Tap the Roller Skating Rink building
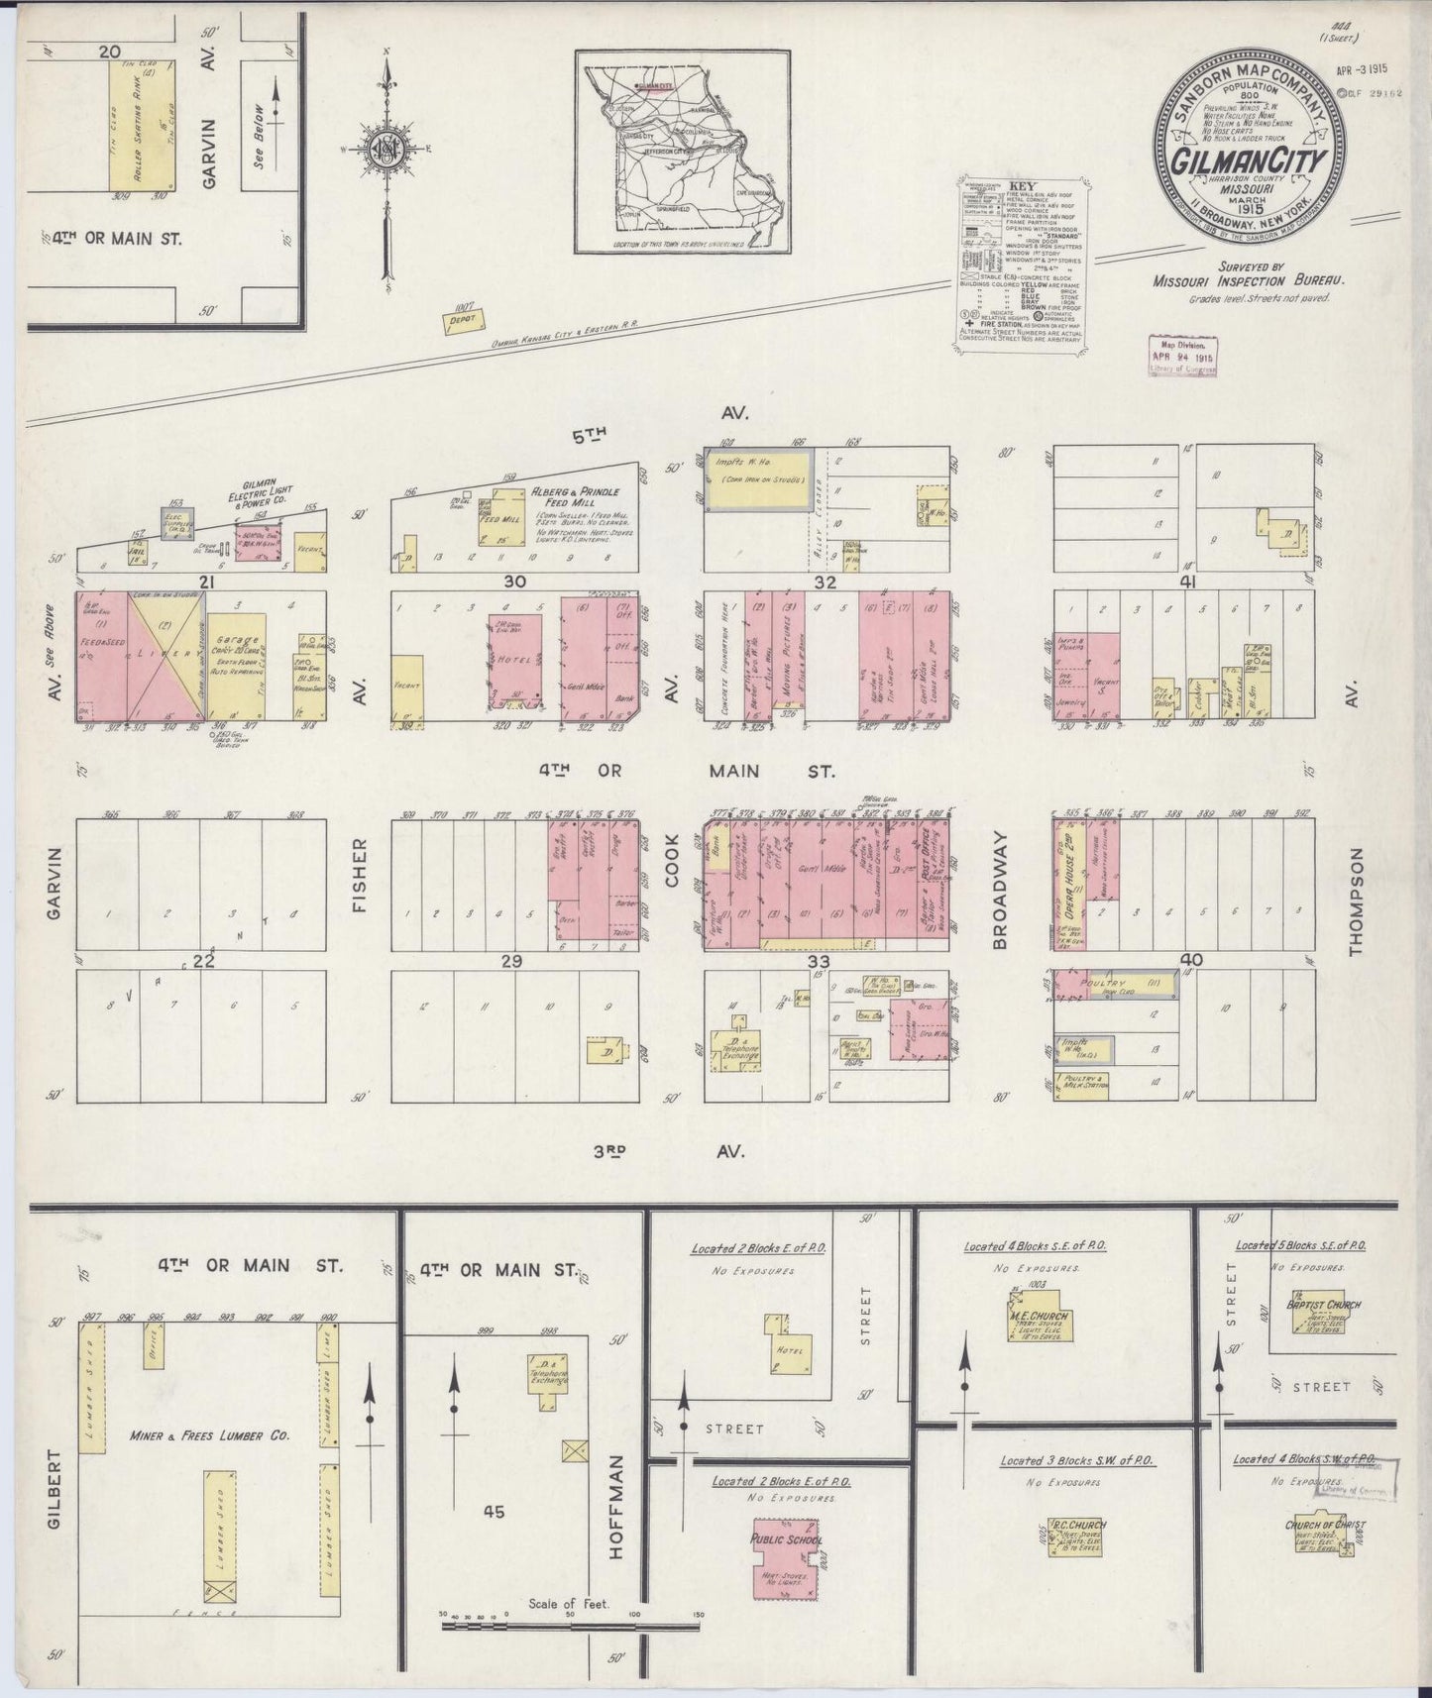coord(146,125)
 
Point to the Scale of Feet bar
coord(572,1625)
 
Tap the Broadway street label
coord(999,901)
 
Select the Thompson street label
coord(1354,902)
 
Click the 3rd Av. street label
coord(668,1151)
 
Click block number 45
coord(494,1512)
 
